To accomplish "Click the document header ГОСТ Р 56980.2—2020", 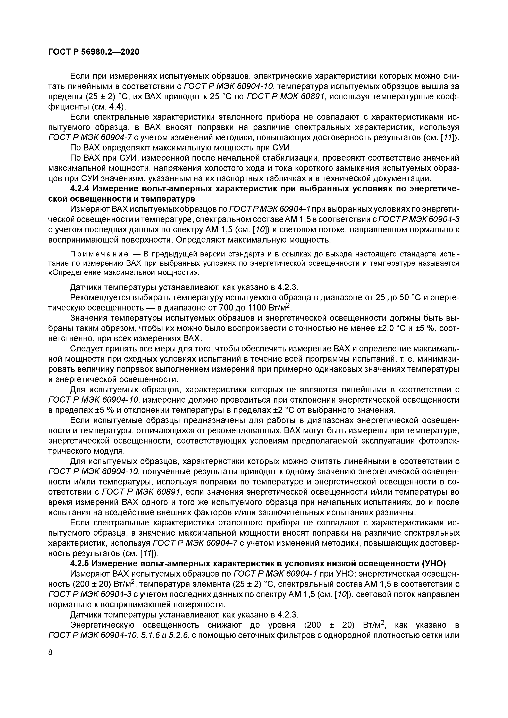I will pyautogui.click(x=94, y=52).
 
